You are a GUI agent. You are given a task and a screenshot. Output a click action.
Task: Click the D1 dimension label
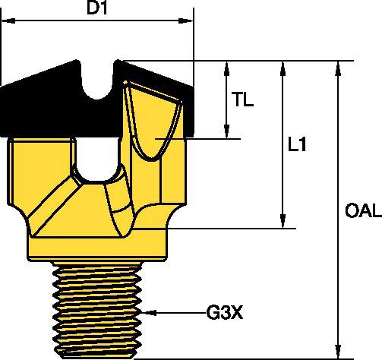tap(97, 10)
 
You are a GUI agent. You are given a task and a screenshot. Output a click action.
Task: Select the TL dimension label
tap(244, 100)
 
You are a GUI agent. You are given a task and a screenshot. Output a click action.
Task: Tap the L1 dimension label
tap(298, 144)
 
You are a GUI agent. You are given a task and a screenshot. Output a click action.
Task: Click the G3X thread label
tap(225, 311)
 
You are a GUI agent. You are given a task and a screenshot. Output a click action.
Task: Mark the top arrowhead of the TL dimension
tap(226, 66)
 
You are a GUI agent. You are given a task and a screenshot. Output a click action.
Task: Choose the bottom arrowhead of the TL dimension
tap(226, 134)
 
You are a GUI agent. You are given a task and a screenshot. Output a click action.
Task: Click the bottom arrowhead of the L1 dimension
tap(283, 222)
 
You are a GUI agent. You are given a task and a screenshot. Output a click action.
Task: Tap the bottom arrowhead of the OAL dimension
tap(336, 350)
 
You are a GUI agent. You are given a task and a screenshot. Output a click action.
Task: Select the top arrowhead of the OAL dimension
tap(336, 66)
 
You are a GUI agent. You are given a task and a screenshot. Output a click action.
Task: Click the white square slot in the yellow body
tap(98, 158)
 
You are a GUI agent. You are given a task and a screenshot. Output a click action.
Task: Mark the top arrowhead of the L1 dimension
tap(283, 66)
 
